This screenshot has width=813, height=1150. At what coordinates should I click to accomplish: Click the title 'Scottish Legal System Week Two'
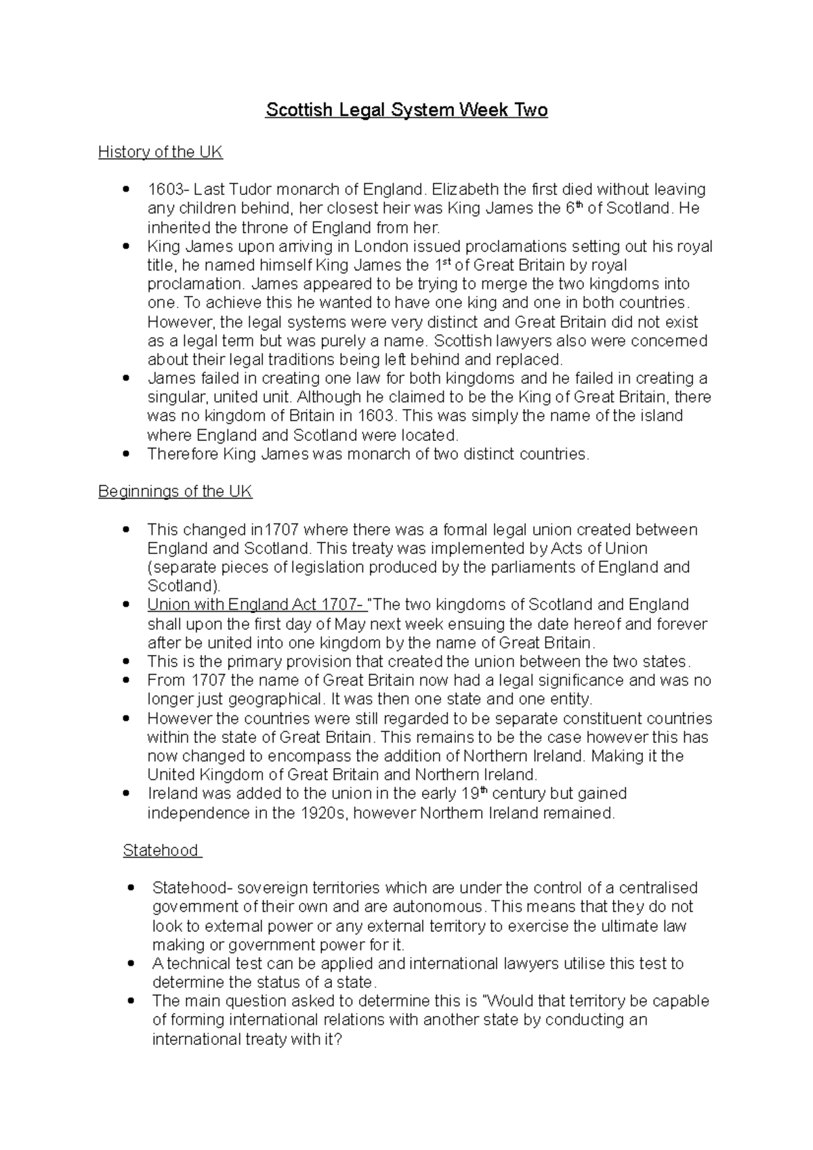point(406,110)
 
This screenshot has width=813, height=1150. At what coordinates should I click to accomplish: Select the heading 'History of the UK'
point(160,152)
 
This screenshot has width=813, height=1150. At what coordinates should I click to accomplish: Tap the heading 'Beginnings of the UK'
point(175,492)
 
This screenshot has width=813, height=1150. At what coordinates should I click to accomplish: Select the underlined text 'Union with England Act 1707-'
point(257,604)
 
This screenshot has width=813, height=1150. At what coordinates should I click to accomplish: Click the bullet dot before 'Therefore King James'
point(125,454)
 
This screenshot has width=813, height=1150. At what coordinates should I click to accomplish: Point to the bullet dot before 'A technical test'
point(130,964)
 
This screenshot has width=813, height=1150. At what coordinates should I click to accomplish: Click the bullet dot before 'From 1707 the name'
point(125,681)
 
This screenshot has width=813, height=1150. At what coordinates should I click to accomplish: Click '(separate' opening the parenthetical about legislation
point(178,567)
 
